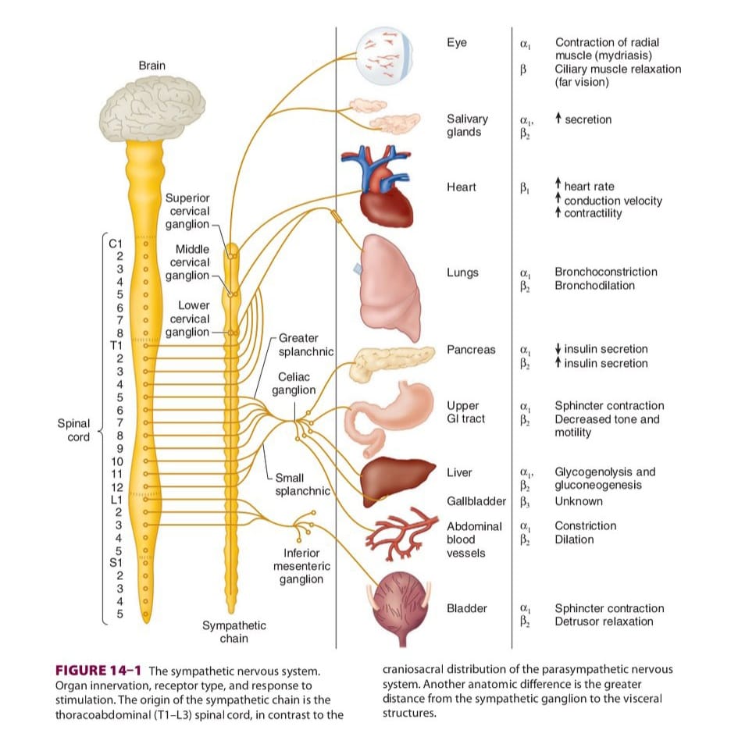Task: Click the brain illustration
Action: (x=152, y=109)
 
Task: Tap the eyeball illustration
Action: (x=384, y=55)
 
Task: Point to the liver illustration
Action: (x=396, y=481)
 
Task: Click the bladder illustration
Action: (x=401, y=607)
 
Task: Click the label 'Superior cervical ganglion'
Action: (x=187, y=211)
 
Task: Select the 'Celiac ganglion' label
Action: (x=294, y=383)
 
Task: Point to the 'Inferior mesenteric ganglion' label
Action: (x=301, y=566)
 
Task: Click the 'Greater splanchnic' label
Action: (x=306, y=344)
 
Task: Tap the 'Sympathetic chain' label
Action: (x=234, y=632)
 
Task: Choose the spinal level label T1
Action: (x=116, y=345)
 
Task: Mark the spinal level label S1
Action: (x=116, y=562)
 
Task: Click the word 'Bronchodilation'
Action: (x=594, y=285)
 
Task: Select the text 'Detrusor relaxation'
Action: (x=604, y=621)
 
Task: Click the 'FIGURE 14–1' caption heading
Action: (x=98, y=670)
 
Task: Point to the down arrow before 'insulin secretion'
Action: (x=558, y=349)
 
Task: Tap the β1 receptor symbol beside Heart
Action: (x=524, y=188)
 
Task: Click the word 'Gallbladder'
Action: (x=476, y=501)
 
